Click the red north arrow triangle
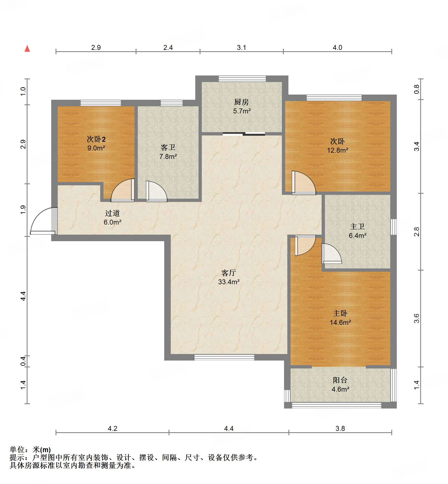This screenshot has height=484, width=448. tap(27, 49)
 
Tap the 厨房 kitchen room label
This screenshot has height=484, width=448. tap(242, 102)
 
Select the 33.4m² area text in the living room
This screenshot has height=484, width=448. tap(229, 282)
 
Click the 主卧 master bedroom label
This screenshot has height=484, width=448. tap(340, 313)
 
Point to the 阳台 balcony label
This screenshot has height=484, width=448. tap(340, 380)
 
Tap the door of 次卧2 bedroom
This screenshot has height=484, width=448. tap(123, 190)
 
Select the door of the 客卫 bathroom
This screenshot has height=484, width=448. tap(157, 191)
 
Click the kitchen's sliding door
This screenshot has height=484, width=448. tap(244, 134)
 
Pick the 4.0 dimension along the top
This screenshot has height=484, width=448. tap(337, 48)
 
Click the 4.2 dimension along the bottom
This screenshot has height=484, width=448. tap(112, 429)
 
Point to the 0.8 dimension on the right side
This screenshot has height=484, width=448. tap(417, 89)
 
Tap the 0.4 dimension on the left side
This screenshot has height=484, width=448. tap(23, 361)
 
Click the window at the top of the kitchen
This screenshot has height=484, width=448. tap(242, 78)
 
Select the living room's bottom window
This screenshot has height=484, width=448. tap(224, 357)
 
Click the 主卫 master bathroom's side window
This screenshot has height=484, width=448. tap(394, 227)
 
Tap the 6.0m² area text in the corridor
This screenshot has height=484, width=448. tap(112, 222)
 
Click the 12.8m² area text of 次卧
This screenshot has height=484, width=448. tap(338, 150)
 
